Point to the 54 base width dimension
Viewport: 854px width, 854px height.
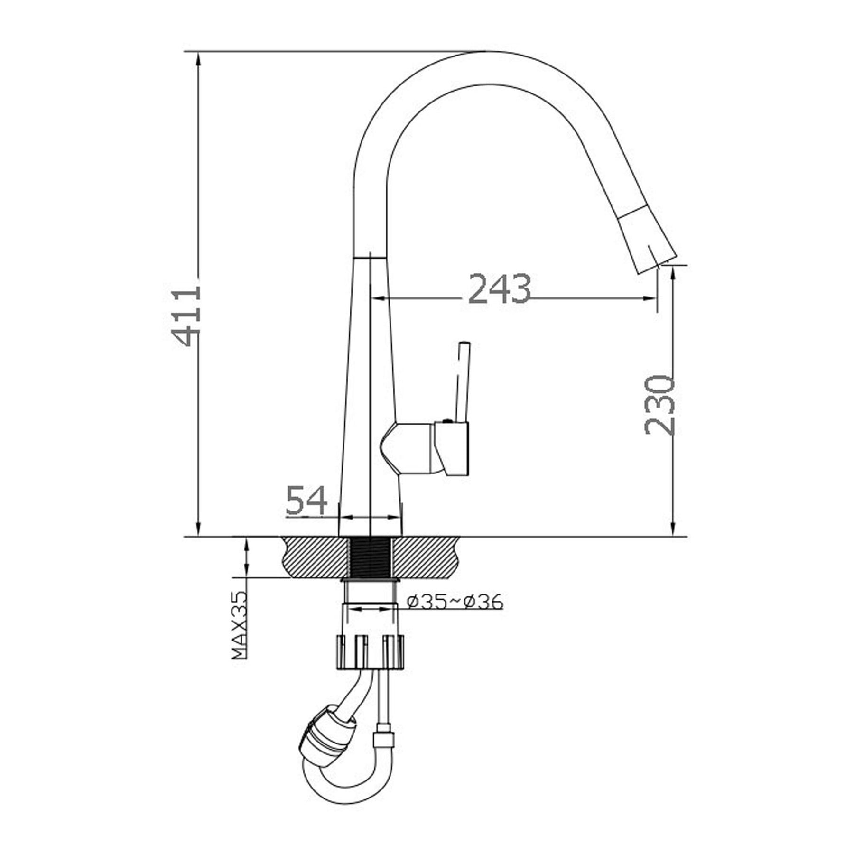[x=307, y=501]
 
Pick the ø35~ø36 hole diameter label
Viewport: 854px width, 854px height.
[x=455, y=602]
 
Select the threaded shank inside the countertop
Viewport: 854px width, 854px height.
[x=370, y=557]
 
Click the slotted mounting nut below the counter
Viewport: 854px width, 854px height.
[x=371, y=652]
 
